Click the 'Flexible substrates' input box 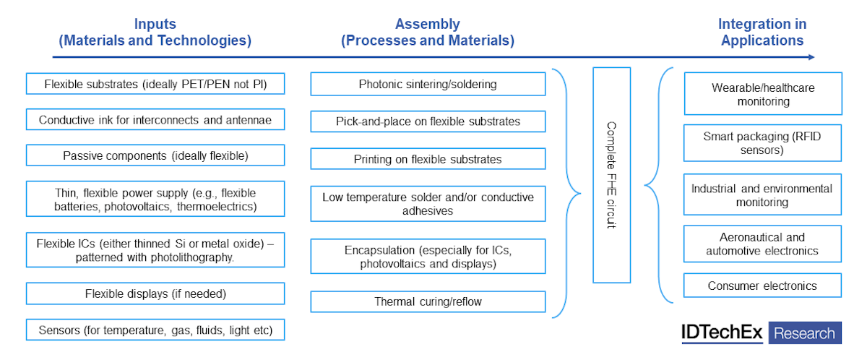coord(155,84)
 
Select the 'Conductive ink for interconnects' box coord(155,120)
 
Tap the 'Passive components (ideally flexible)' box coord(155,155)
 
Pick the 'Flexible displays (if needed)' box coord(155,293)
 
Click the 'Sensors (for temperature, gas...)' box coord(155,330)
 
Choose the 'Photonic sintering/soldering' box coord(428,84)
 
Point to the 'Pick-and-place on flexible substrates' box coord(428,121)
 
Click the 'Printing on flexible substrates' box coord(428,159)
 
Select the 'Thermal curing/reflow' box coord(428,301)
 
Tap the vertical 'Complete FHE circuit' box coord(611,175)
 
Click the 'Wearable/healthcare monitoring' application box coord(763,94)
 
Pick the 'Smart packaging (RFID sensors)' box coord(763,143)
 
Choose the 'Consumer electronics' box coord(763,286)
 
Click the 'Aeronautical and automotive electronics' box coord(763,244)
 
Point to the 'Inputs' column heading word coord(155,25)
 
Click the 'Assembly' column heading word coord(427,25)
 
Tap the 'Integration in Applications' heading coord(762,33)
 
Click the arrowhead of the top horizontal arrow coord(811,57)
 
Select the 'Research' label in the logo coord(805,333)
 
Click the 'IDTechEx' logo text coord(722,333)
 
